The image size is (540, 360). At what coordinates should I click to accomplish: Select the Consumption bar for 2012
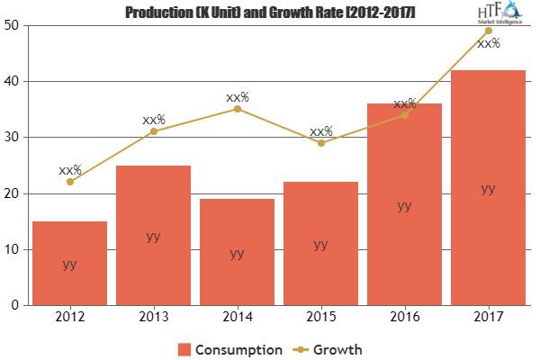coord(69,263)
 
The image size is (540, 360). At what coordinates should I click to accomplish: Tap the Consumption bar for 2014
coord(237,252)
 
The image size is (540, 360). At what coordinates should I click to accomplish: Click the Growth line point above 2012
coord(69,182)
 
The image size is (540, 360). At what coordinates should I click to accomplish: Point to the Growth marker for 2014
coord(237,109)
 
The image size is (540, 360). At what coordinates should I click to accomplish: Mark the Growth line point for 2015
coord(321,143)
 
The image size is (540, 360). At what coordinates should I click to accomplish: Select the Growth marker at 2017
coord(488,31)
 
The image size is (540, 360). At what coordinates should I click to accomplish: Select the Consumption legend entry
coord(230,349)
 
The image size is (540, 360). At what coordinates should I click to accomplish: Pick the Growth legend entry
coord(329,349)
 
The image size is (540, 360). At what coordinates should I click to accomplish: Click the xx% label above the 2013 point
coord(154,119)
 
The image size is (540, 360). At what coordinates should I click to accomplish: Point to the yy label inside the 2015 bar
coord(321,244)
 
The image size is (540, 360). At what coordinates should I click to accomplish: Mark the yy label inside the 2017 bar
coord(488,188)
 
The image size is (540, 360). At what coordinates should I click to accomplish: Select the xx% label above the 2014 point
coord(238,96)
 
